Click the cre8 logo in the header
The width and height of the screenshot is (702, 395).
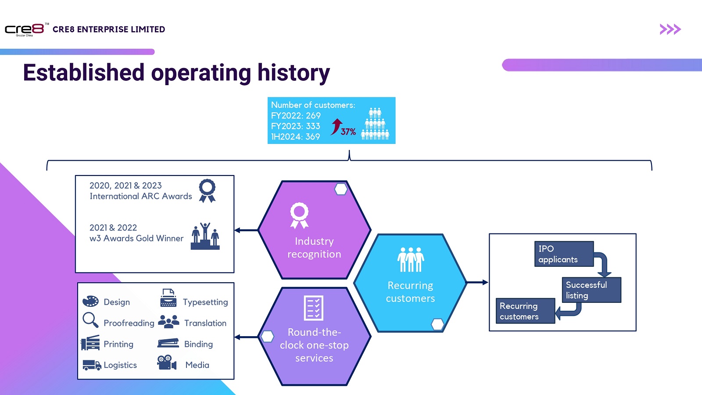pyautogui.click(x=25, y=29)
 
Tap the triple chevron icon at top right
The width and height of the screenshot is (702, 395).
pyautogui.click(x=670, y=29)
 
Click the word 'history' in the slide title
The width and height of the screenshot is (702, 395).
pyautogui.click(x=294, y=73)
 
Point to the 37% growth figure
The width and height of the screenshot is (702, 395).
pyautogui.click(x=348, y=132)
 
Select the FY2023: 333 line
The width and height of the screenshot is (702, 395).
pyautogui.click(x=295, y=126)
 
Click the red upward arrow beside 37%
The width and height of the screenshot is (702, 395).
pyautogui.click(x=336, y=126)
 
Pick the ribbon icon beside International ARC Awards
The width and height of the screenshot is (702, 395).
pyautogui.click(x=207, y=190)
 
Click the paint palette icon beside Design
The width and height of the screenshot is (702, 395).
pyautogui.click(x=91, y=301)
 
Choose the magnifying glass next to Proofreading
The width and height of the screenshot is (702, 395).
pyautogui.click(x=90, y=320)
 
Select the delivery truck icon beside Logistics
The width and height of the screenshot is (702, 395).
pyautogui.click(x=92, y=365)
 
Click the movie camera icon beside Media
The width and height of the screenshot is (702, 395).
pyautogui.click(x=167, y=363)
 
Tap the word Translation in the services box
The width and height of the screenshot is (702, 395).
pyautogui.click(x=205, y=323)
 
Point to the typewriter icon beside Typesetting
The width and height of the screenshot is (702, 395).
pyautogui.click(x=168, y=298)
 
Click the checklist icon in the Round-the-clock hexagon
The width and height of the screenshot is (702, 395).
pyautogui.click(x=314, y=308)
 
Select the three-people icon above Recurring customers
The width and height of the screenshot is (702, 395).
pyautogui.click(x=411, y=259)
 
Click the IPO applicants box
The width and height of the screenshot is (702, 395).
pyautogui.click(x=563, y=254)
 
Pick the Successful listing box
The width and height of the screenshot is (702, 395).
pyautogui.click(x=591, y=290)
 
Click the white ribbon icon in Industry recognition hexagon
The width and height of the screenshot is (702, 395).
pyautogui.click(x=299, y=215)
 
